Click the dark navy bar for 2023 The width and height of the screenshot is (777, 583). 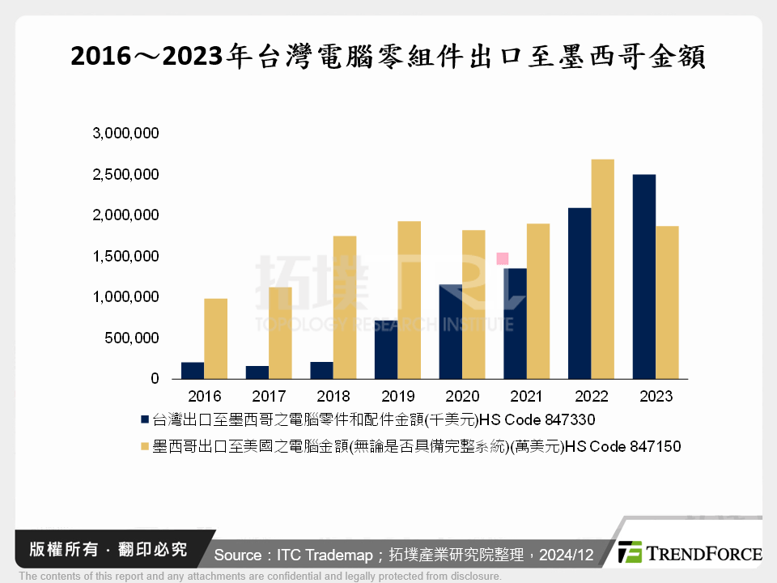[x=643, y=277]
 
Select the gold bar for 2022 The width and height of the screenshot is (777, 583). [x=602, y=269]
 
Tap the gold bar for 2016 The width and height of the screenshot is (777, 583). [x=215, y=338]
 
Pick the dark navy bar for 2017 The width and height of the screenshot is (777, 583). [x=257, y=372]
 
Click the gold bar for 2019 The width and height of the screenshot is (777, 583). [x=409, y=300]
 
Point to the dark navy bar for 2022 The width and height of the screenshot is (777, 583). [x=580, y=293]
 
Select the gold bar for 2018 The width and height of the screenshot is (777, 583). [x=344, y=308]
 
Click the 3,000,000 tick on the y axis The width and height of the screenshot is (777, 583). [x=125, y=133]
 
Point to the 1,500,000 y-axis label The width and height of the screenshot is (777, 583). [x=125, y=256]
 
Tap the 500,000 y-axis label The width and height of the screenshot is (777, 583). [x=131, y=338]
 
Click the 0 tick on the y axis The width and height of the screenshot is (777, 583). [x=154, y=379]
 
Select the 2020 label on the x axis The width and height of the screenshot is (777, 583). [x=462, y=397]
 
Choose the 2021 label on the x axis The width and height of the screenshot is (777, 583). [x=527, y=397]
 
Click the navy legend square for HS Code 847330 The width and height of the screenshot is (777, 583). [x=145, y=419]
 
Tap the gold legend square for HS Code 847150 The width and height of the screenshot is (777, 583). [x=145, y=446]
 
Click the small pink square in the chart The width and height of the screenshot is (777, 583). [x=502, y=258]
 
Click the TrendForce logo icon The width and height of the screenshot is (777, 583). [x=630, y=553]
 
